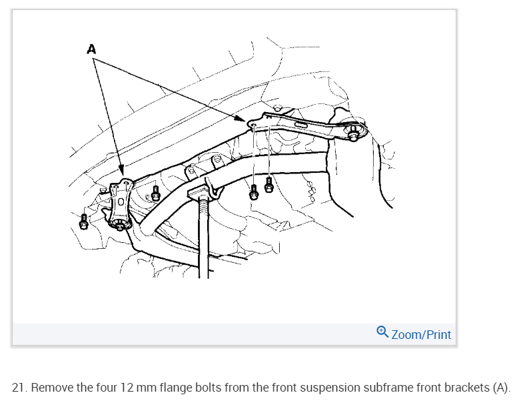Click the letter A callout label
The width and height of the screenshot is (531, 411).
91,48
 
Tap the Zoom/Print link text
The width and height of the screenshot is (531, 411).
421,334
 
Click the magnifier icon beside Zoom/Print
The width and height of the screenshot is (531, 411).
382,332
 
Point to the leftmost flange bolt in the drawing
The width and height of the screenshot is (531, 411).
84,221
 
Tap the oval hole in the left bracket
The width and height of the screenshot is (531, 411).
120,201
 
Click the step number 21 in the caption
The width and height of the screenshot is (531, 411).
19,388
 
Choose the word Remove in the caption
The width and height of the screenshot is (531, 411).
51,388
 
